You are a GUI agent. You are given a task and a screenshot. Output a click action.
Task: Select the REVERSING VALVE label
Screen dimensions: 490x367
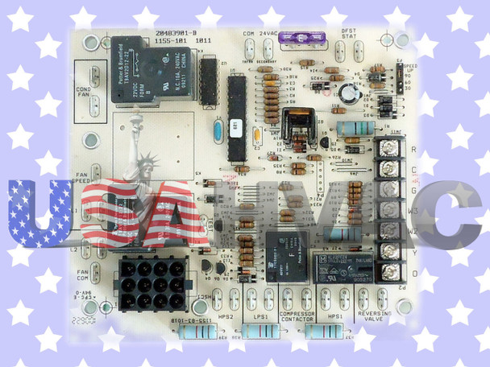[374, 319]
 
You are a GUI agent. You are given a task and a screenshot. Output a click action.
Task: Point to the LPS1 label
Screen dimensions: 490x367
[260, 317]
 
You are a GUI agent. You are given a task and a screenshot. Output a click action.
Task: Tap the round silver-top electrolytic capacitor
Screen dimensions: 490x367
[347, 92]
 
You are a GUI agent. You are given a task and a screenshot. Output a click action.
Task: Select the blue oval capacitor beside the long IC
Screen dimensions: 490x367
[217, 133]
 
